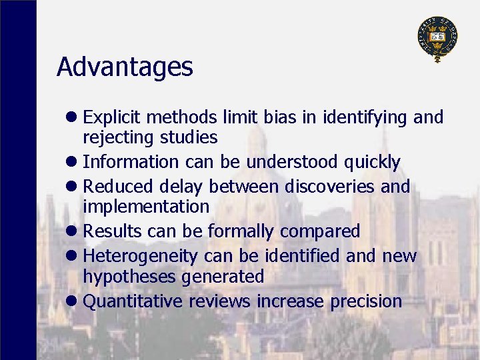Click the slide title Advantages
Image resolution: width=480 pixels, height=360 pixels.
pyautogui.click(x=125, y=67)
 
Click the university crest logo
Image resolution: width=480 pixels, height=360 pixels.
pyautogui.click(x=437, y=38)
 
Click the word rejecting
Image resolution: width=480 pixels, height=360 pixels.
pyautogui.click(x=117, y=138)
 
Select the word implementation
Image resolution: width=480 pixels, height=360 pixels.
pyautogui.click(x=145, y=207)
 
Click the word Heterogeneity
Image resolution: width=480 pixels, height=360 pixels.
pyautogui.click(x=141, y=256)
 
